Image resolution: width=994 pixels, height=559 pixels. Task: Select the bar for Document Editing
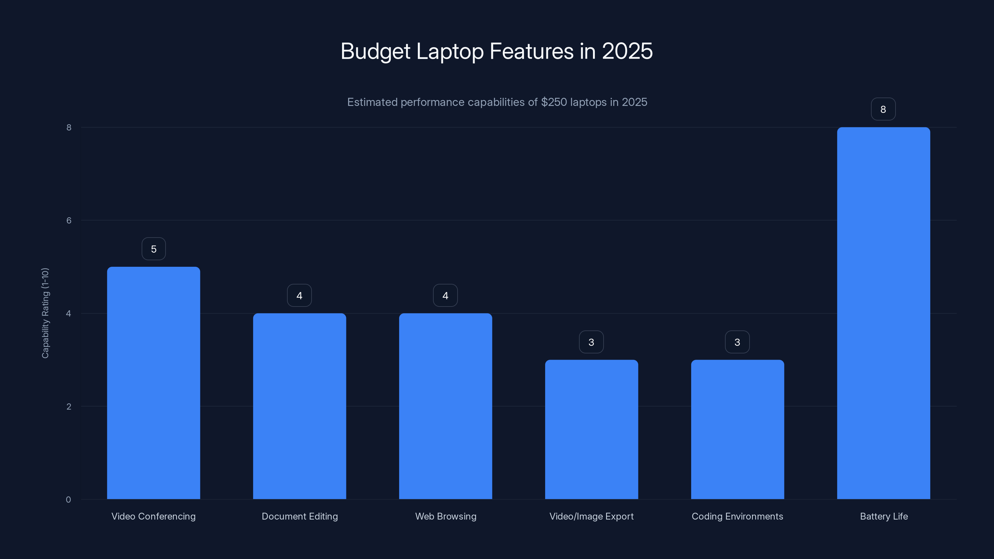299,406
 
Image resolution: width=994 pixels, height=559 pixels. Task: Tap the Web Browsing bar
445,406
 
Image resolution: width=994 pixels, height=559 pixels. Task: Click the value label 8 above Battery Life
883,109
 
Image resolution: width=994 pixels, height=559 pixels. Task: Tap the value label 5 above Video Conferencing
153,249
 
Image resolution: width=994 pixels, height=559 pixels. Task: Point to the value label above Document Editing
299,296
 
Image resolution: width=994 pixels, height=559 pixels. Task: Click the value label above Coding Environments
737,342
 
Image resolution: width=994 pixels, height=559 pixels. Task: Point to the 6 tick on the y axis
69,220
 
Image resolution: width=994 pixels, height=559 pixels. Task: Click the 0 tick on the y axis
68,500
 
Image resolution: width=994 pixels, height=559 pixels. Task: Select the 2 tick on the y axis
69,406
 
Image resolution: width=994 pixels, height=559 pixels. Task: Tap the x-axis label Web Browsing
446,516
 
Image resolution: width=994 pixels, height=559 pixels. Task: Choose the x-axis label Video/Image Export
591,516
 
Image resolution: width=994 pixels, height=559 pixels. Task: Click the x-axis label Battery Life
884,516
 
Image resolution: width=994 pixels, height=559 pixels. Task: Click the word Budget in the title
375,51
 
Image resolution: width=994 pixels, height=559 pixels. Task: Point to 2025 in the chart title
627,51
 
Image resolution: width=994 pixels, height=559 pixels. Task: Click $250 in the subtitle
554,102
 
